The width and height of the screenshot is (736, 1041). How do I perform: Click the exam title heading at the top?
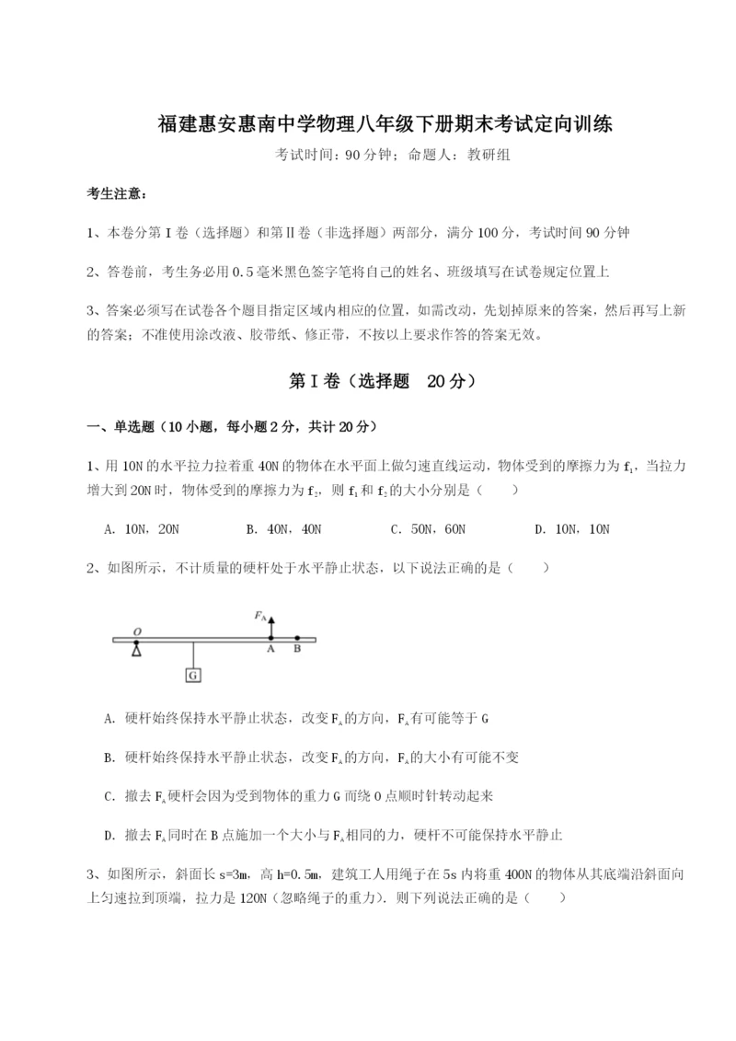[368, 124]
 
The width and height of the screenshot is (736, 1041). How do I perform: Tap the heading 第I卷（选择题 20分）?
[368, 380]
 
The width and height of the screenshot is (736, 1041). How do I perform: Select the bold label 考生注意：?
[116, 194]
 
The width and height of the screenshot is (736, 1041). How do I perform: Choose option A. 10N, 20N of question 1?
[143, 529]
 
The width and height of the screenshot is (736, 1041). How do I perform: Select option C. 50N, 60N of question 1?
[428, 529]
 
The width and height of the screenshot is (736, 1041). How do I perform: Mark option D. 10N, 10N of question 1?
[572, 529]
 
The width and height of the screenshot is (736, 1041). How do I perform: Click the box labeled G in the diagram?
[193, 675]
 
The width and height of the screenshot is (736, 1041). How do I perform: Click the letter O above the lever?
[136, 630]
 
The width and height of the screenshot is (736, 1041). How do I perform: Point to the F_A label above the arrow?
[260, 613]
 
